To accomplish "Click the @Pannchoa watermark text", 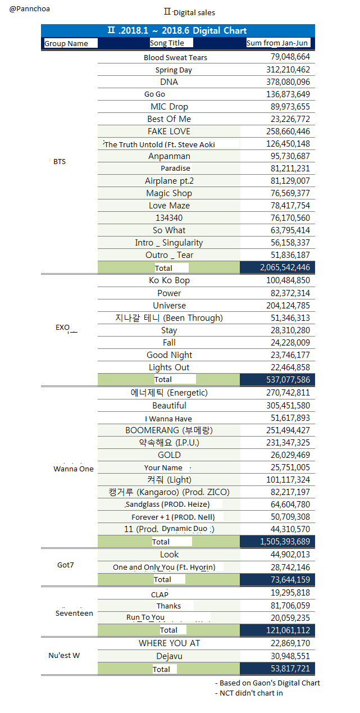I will [x=30, y=9].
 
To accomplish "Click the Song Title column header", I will [x=171, y=43].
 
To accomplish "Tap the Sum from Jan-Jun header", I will [x=277, y=43].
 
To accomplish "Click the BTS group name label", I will [x=60, y=162].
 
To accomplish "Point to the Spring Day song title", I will [x=174, y=70].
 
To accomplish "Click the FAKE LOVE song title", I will [x=169, y=131].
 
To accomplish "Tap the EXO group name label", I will [x=63, y=327].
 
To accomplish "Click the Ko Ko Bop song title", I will [x=169, y=280].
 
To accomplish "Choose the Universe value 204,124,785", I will [x=288, y=306].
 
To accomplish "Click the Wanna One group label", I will [x=74, y=469].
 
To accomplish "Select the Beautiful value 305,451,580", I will [x=288, y=406].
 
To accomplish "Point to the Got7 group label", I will [x=66, y=565].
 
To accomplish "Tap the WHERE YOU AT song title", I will [x=169, y=643].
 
